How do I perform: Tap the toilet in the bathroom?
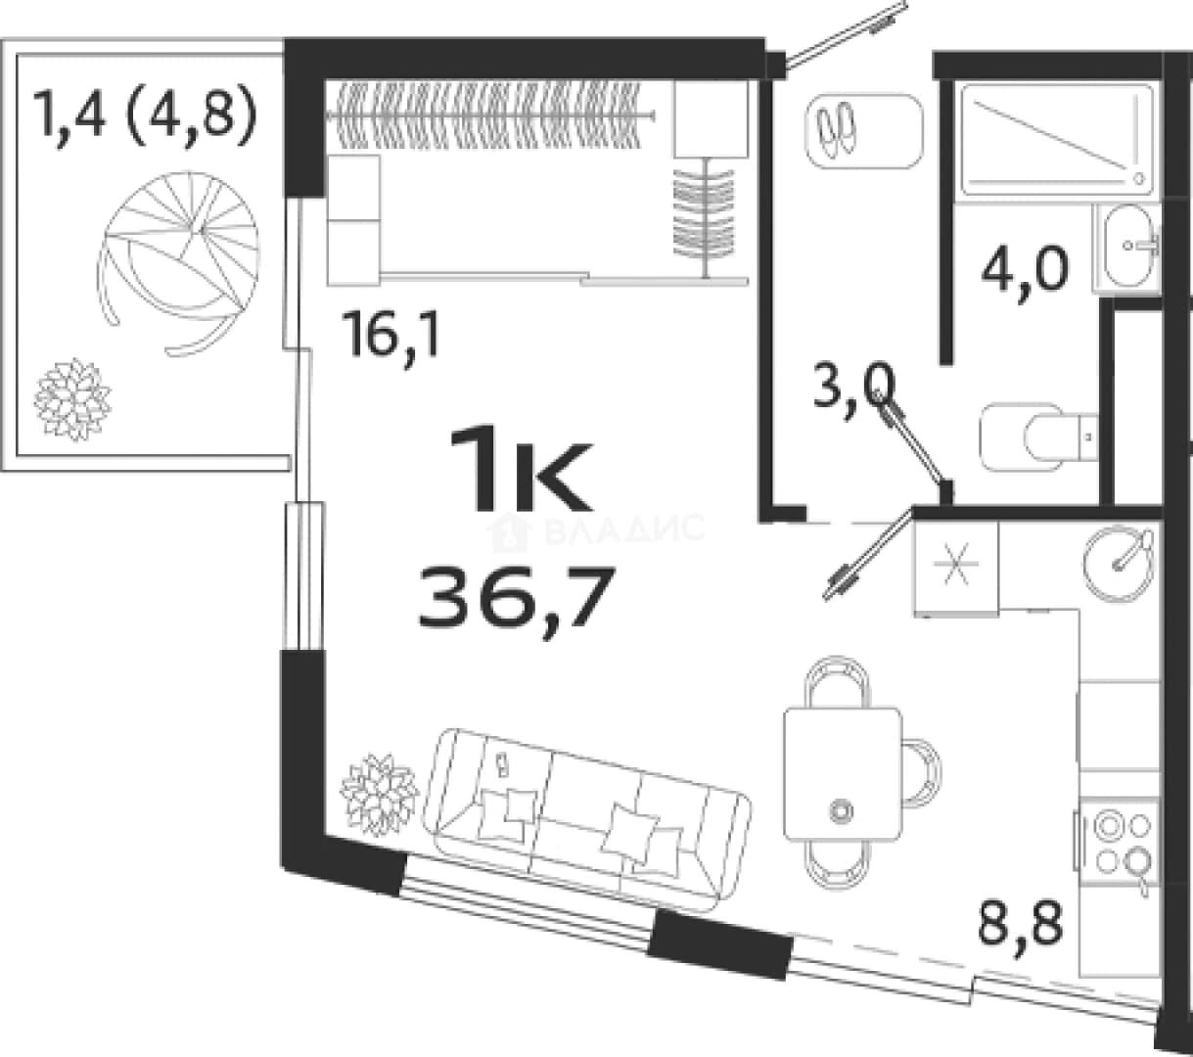(1039, 437)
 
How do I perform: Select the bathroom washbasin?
(1127, 246)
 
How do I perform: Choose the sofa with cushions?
(587, 818)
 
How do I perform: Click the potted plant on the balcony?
(72, 398)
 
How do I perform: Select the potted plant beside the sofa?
(380, 795)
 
